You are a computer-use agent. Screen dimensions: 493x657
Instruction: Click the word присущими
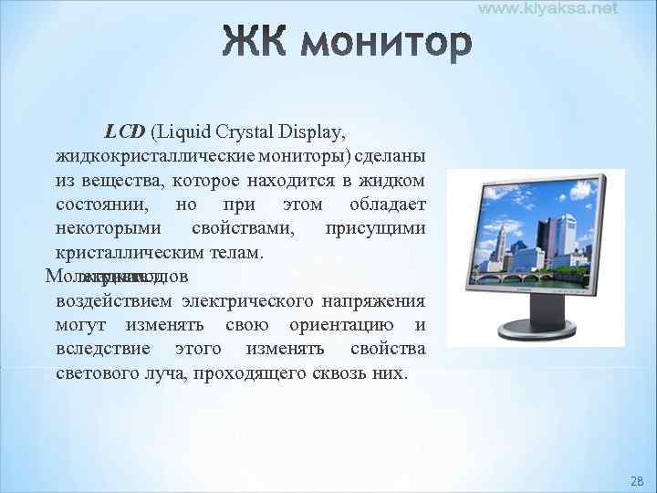coord(375,227)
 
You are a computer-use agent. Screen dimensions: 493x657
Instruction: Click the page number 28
coord(637,480)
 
